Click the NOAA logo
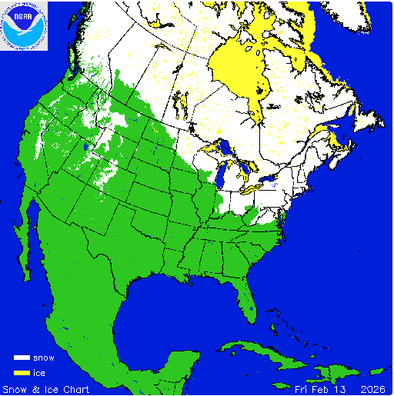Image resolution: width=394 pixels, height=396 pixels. pyautogui.click(x=24, y=25)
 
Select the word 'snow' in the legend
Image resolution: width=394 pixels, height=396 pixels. pyautogui.click(x=44, y=358)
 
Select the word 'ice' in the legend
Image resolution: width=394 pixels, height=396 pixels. pyautogui.click(x=40, y=372)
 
